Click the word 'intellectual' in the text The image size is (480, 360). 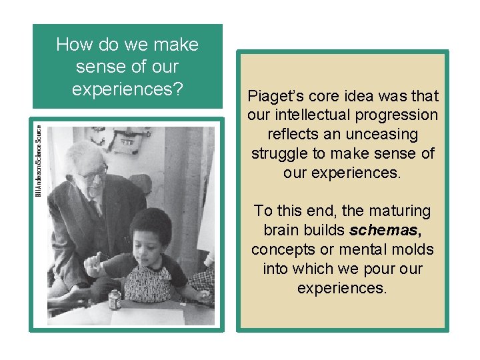point(307,115)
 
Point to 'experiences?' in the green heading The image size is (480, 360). point(127,89)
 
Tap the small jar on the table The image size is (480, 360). point(115,299)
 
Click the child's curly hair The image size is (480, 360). point(149,223)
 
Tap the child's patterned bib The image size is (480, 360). point(148,283)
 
